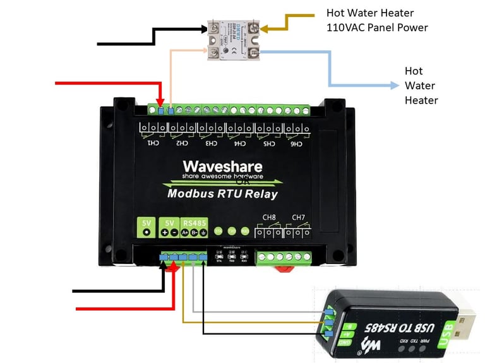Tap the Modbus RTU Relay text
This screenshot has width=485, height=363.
coord(222,194)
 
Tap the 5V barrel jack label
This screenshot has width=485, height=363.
coord(147,223)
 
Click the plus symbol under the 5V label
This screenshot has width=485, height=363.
coord(164,233)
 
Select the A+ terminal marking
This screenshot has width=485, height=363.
coord(185,233)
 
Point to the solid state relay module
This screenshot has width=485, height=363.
coord(234,39)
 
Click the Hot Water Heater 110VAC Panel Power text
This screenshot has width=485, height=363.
coord(377,20)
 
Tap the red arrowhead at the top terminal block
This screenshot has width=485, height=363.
coord(161,103)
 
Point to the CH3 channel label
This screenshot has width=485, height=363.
coord(210,144)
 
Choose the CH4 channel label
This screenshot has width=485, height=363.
coord(240,144)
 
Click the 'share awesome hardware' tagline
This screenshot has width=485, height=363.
coord(222,176)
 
